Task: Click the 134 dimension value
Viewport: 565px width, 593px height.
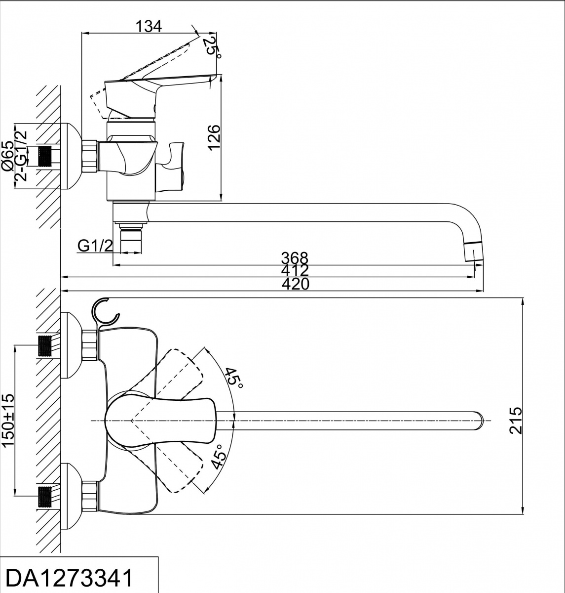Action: coord(149,26)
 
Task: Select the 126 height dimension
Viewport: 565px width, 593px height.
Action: coord(214,137)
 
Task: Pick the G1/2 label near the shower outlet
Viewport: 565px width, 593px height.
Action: coord(96,246)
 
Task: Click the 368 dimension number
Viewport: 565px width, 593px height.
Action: coord(295,258)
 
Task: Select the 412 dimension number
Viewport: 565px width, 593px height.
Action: coord(295,270)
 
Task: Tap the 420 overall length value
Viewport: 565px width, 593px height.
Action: coord(295,284)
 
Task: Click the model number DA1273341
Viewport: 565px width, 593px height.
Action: coord(69,578)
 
